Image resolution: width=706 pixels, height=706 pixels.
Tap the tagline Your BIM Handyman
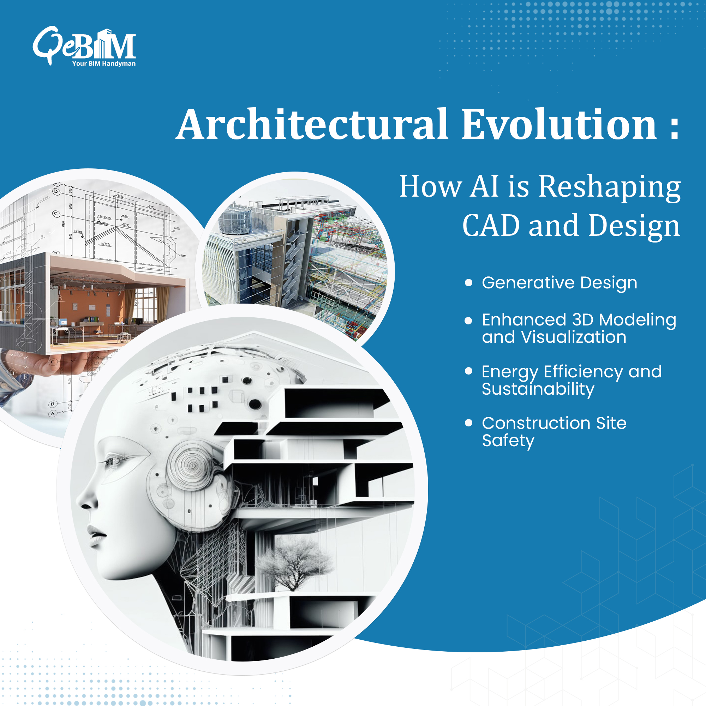click(x=104, y=64)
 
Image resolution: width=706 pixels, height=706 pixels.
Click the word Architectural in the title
click(x=313, y=125)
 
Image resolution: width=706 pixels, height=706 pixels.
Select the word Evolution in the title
click(x=559, y=125)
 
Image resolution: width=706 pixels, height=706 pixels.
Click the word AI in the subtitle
click(x=484, y=186)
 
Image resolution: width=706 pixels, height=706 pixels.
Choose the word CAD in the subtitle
click(x=491, y=226)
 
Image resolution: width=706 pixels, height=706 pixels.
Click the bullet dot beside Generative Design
click(x=468, y=283)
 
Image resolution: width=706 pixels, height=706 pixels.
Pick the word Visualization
click(x=574, y=337)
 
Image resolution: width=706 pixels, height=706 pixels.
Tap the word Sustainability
click(x=538, y=389)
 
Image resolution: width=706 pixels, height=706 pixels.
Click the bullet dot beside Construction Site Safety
click(x=468, y=423)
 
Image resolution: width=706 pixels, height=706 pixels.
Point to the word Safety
click(x=508, y=441)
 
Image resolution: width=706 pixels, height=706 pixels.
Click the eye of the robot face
click(x=113, y=461)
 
